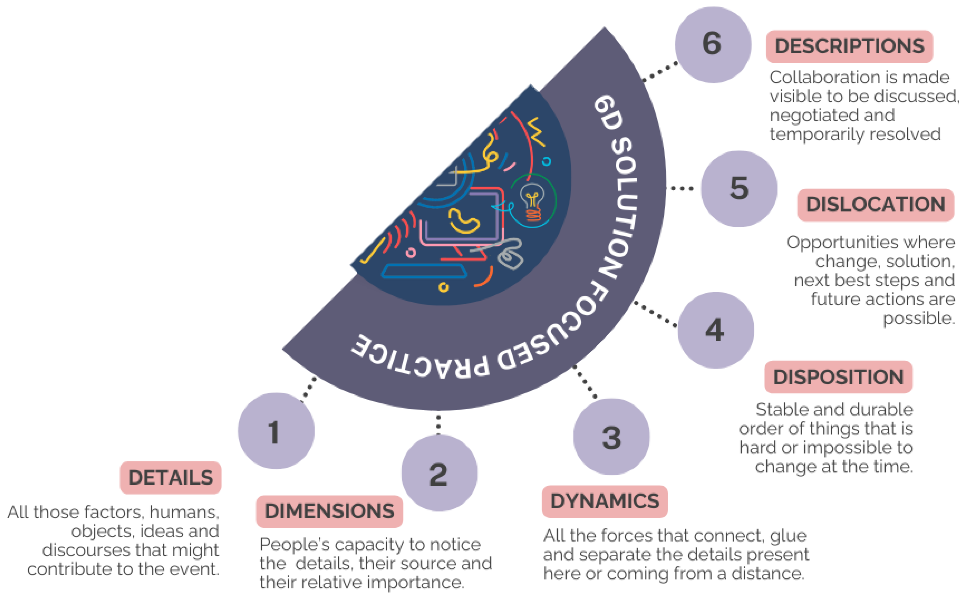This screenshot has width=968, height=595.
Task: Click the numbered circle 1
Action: coord(276,431)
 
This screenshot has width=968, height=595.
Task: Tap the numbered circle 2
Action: coord(439,473)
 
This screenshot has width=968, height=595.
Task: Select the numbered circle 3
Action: coord(611,437)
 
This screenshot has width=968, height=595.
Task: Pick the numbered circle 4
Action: coord(715,330)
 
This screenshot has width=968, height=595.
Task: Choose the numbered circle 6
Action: coord(713,44)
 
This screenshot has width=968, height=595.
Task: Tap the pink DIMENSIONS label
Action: coord(329,511)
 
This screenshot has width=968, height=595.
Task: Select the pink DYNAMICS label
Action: coord(605,501)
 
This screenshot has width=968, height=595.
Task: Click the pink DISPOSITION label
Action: coord(838,377)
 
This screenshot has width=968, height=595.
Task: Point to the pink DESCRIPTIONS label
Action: coord(849,46)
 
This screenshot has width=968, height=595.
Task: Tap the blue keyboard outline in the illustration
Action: coord(424,271)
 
